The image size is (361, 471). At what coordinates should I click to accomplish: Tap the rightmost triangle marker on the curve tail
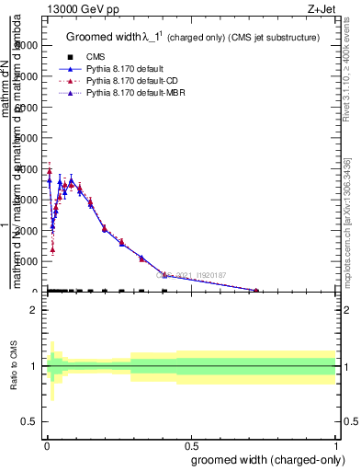(x=256, y=291)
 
